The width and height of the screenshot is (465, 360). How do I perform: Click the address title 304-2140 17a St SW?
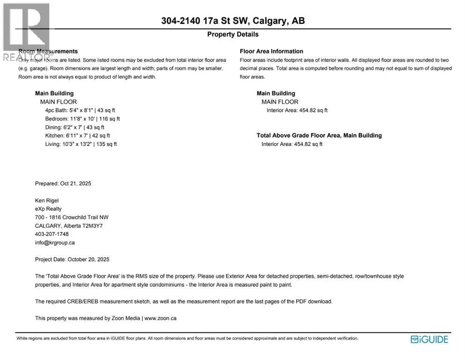point(233,21)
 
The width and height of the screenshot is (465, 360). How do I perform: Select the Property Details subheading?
point(233,34)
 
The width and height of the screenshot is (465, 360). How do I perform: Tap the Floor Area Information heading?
point(271,51)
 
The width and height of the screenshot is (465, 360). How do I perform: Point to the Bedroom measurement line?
point(82,119)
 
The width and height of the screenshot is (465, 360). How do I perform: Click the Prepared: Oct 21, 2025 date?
point(63,184)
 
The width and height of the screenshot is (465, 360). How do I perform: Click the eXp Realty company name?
point(48,209)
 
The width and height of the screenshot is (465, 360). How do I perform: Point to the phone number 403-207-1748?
point(52,234)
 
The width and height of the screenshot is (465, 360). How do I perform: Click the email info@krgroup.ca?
point(55,243)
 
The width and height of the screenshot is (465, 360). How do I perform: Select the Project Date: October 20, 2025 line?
point(72,260)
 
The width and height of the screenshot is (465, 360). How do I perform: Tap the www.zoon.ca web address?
point(160,318)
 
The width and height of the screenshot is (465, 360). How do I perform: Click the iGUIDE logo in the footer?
point(429,339)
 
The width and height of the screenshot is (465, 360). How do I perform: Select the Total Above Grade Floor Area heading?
point(319,135)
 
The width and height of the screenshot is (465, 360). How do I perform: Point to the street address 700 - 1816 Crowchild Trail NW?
point(72,217)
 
